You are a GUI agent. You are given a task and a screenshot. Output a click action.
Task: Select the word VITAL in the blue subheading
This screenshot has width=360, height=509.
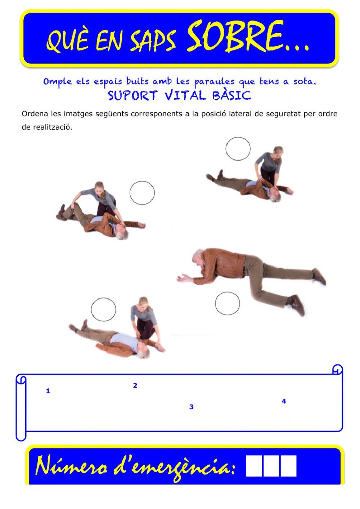click(x=185, y=95)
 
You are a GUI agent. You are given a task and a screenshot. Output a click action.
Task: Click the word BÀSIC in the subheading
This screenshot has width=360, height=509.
click(x=232, y=95)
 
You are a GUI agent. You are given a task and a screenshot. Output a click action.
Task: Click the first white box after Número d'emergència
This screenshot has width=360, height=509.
click(x=254, y=466)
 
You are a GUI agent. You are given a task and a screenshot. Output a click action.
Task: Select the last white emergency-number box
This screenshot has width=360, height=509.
click(x=288, y=466)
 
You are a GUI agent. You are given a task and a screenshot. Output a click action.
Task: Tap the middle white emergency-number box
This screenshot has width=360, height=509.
click(x=271, y=466)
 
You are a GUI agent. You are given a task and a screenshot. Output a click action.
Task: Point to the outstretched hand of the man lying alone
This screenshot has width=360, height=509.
click(x=183, y=278)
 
